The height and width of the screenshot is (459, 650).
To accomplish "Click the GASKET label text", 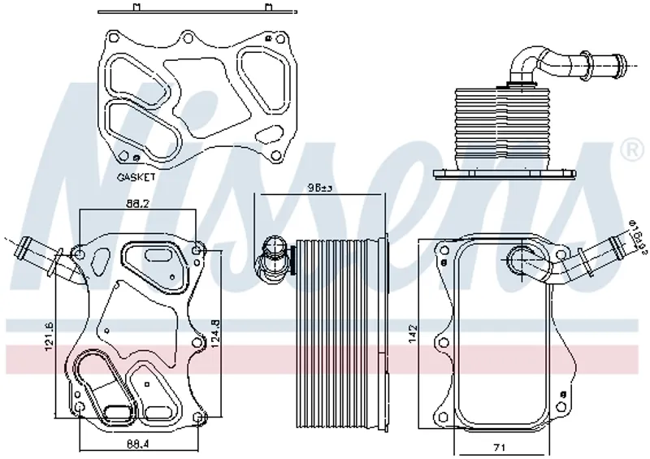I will (x=136, y=175).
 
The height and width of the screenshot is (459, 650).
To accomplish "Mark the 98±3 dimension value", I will (x=319, y=188).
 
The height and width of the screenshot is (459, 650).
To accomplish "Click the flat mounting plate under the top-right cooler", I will (x=504, y=173).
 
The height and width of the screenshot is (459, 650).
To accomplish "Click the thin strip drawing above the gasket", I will (x=196, y=12).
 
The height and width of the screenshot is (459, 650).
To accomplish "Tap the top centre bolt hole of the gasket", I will (x=188, y=37).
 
